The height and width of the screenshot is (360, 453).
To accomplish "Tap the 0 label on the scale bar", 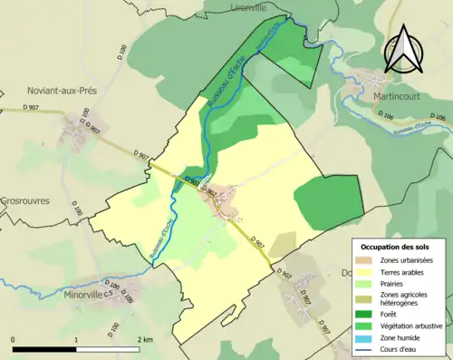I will (x=14, y=339).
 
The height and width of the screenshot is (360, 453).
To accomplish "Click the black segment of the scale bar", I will (x=45, y=349).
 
